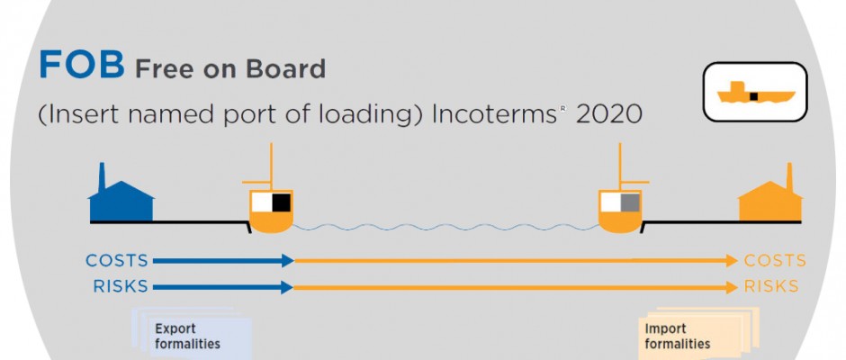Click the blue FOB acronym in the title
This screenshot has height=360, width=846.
coord(82,65)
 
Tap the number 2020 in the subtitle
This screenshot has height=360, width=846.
coord(609,114)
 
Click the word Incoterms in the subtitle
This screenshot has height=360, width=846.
coord(494,114)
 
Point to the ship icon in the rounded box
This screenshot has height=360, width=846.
coord(755,93)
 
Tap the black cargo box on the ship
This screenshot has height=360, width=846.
coord(281,202)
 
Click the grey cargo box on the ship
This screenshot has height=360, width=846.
coord(630,202)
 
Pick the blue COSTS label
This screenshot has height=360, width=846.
coord(117,261)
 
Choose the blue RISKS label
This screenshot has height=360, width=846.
coord(121,286)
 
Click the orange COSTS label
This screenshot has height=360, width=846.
coord(775,261)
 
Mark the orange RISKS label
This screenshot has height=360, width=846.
coord(771,286)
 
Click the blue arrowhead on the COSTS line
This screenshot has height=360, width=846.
coord(288,261)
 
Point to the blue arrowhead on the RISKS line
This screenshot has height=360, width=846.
coord(288,287)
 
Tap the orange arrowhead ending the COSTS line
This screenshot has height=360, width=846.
coord(732,261)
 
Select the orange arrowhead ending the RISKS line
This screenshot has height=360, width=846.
coord(732,287)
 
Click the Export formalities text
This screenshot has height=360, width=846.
coord(187,336)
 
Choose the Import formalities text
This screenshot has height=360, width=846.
coord(678,336)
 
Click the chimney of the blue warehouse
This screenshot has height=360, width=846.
coord(102,175)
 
